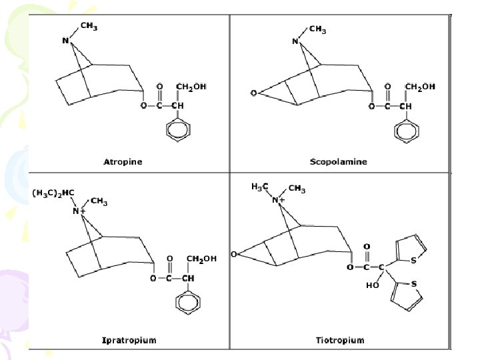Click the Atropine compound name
[123, 161]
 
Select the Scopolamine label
[339, 161]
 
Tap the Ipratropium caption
[129, 340]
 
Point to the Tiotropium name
[340, 340]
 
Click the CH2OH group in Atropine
[191, 87]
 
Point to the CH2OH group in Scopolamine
[420, 87]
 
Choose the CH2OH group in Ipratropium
[201, 259]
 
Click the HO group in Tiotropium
[371, 285]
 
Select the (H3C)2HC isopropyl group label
[53, 193]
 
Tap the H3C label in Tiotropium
[260, 187]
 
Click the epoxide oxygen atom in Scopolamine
[253, 93]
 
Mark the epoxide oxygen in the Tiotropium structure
[234, 254]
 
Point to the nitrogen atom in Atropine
[65, 41]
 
